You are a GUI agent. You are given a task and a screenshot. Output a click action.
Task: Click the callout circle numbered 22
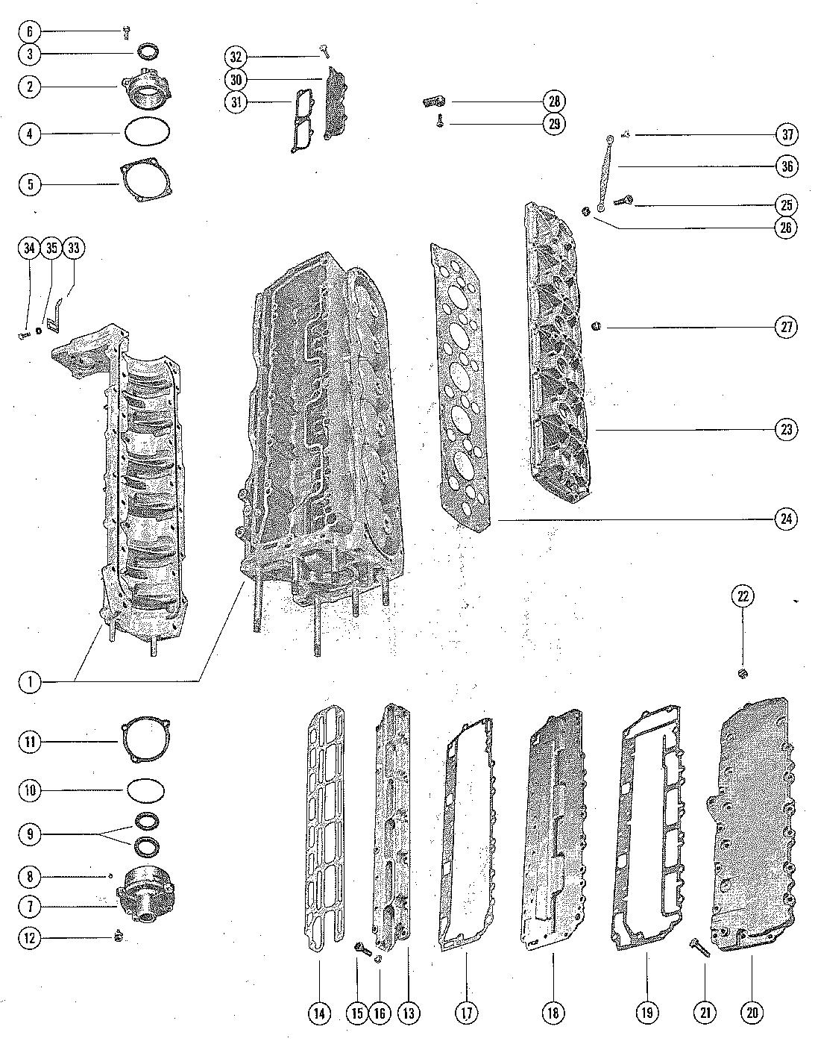(x=743, y=596)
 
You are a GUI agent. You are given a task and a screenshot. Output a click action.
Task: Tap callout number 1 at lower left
(x=30, y=681)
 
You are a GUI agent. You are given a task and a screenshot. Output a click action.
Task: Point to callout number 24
(x=785, y=519)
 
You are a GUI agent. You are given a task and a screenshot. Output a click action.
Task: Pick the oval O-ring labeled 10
(x=145, y=790)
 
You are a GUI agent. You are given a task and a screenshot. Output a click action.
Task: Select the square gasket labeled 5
(x=148, y=184)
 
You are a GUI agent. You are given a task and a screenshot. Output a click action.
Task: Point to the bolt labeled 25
(x=623, y=200)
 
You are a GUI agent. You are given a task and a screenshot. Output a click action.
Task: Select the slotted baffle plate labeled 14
(x=326, y=825)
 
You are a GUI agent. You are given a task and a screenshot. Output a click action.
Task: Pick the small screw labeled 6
(x=127, y=31)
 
